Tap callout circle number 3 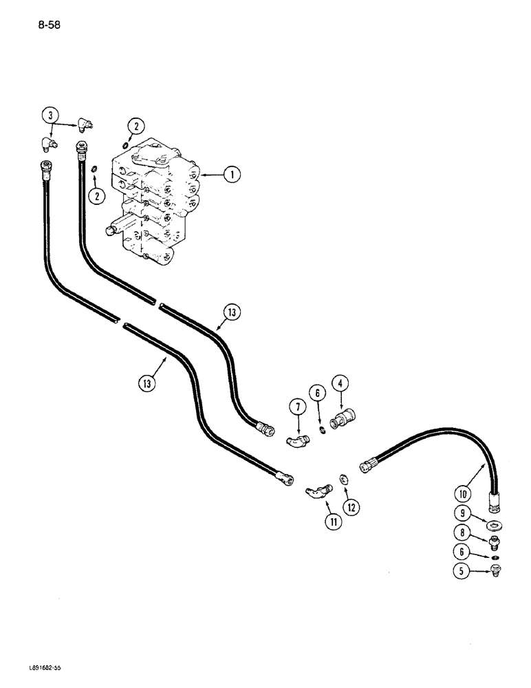[48, 115]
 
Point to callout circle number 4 [340, 384]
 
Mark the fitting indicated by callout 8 [492, 543]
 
